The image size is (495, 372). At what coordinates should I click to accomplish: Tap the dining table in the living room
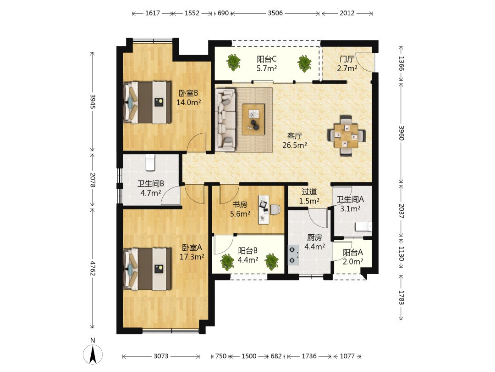click(x=346, y=136)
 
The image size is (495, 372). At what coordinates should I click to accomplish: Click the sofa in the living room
click(x=225, y=119)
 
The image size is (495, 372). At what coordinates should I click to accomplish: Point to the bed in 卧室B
click(x=148, y=102)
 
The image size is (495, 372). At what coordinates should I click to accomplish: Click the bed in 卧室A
click(x=148, y=269)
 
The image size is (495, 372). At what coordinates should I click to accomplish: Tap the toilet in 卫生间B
click(x=149, y=162)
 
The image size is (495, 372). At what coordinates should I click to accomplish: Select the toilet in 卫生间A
click(x=363, y=227)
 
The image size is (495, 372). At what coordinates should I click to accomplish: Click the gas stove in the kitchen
click(x=294, y=256)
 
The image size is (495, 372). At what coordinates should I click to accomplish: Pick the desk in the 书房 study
click(x=264, y=209)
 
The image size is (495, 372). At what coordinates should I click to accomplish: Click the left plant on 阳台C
click(x=233, y=62)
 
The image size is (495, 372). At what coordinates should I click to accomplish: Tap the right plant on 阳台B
click(x=271, y=262)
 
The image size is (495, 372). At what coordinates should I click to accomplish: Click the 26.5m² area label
click(x=295, y=145)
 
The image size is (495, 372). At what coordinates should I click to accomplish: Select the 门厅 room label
click(x=346, y=59)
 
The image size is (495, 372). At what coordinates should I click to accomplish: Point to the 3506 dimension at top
click(x=275, y=13)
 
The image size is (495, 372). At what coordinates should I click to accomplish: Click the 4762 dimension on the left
click(x=93, y=268)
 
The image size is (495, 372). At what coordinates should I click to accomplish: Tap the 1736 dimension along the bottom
click(x=309, y=356)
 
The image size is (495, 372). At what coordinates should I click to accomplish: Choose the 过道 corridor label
click(x=309, y=192)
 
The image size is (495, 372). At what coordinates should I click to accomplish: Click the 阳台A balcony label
click(x=352, y=253)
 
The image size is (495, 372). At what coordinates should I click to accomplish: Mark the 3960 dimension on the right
click(x=401, y=133)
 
